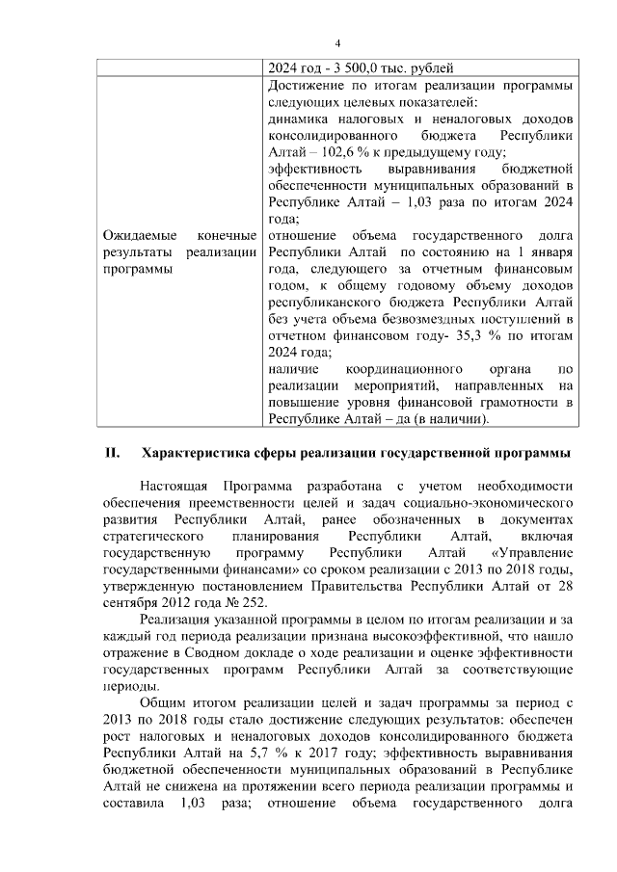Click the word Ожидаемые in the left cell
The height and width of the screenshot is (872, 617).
point(136,235)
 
